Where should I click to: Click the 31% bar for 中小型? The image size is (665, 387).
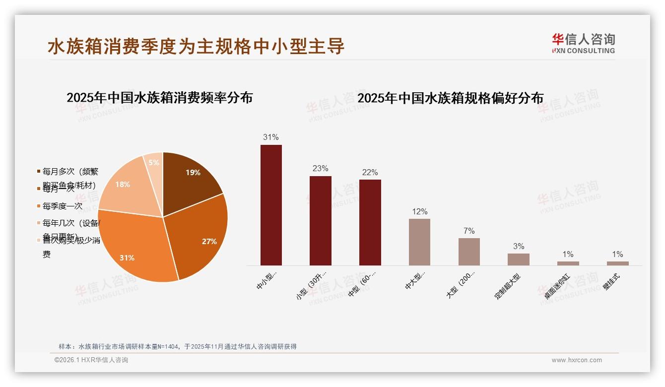click(271, 205)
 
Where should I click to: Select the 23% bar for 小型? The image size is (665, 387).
click(320, 221)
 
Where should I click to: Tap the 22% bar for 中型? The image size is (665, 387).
click(370, 222)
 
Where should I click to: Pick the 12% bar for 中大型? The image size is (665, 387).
click(419, 242)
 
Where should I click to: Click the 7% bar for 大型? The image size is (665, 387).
click(469, 252)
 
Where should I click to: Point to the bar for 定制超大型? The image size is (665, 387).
click(518, 259)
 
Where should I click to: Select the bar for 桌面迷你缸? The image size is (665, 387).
click(568, 263)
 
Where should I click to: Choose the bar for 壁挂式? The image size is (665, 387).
click(617, 263)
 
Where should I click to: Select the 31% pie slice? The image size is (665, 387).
click(134, 248)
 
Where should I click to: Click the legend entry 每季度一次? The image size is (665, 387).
click(62, 206)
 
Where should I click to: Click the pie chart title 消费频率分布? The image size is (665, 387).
click(159, 97)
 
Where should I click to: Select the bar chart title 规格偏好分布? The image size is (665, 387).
click(450, 98)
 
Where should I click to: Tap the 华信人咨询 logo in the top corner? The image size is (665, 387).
click(583, 43)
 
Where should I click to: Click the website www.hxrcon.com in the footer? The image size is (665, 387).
click(577, 360)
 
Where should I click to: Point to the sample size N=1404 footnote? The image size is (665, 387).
click(177, 346)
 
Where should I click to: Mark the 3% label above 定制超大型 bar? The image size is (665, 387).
click(519, 246)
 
